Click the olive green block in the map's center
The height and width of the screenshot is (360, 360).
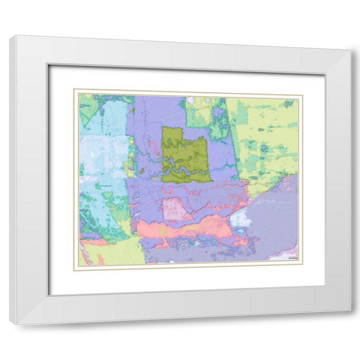click(185, 154)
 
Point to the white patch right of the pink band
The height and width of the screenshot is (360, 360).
click(240, 218)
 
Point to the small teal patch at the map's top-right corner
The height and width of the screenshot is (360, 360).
click(289, 103)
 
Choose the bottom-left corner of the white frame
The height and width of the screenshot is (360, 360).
click(10, 324)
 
